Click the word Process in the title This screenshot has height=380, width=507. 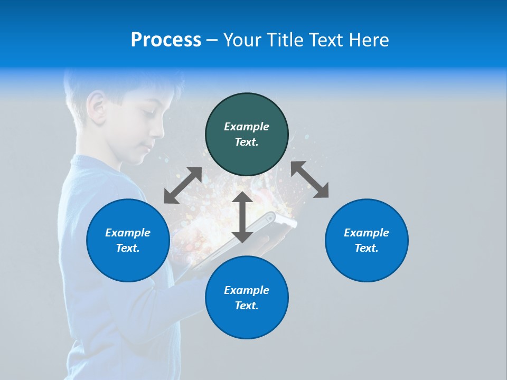coord(166,40)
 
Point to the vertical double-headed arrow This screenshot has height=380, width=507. coord(242,217)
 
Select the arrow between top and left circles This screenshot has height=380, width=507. coord(183,185)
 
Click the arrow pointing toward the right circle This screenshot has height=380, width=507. coord(309,179)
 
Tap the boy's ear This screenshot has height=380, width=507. coord(96,105)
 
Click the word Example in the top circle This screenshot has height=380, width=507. coord(247,127)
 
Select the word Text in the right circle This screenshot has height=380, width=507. coord(367,248)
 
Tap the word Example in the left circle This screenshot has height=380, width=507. coord(128,233)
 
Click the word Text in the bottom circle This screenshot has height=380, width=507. coord(247,306)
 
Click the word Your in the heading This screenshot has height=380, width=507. coord(242,40)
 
